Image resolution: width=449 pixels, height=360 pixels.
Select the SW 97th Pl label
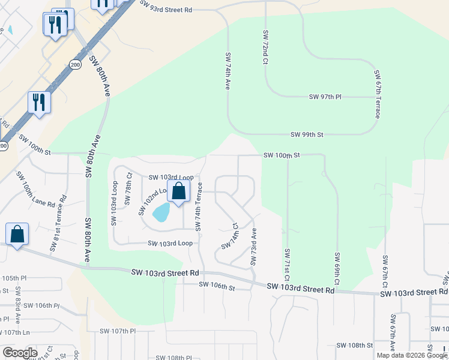click(325, 97)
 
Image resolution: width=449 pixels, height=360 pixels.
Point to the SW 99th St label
click(307, 135)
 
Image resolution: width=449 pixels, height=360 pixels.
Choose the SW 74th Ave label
click(228, 71)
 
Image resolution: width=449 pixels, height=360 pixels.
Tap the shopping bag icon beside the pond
click(178, 192)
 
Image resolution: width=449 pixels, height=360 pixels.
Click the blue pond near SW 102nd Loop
click(161, 212)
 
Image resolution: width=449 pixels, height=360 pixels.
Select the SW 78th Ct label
click(128, 188)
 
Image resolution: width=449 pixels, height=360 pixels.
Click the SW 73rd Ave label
click(253, 247)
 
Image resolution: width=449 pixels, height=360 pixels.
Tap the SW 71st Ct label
click(288, 265)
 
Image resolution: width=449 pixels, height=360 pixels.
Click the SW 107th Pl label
click(118, 331)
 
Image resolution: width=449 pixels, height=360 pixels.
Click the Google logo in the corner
click(19, 352)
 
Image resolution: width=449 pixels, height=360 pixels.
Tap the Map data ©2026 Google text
click(412, 355)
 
